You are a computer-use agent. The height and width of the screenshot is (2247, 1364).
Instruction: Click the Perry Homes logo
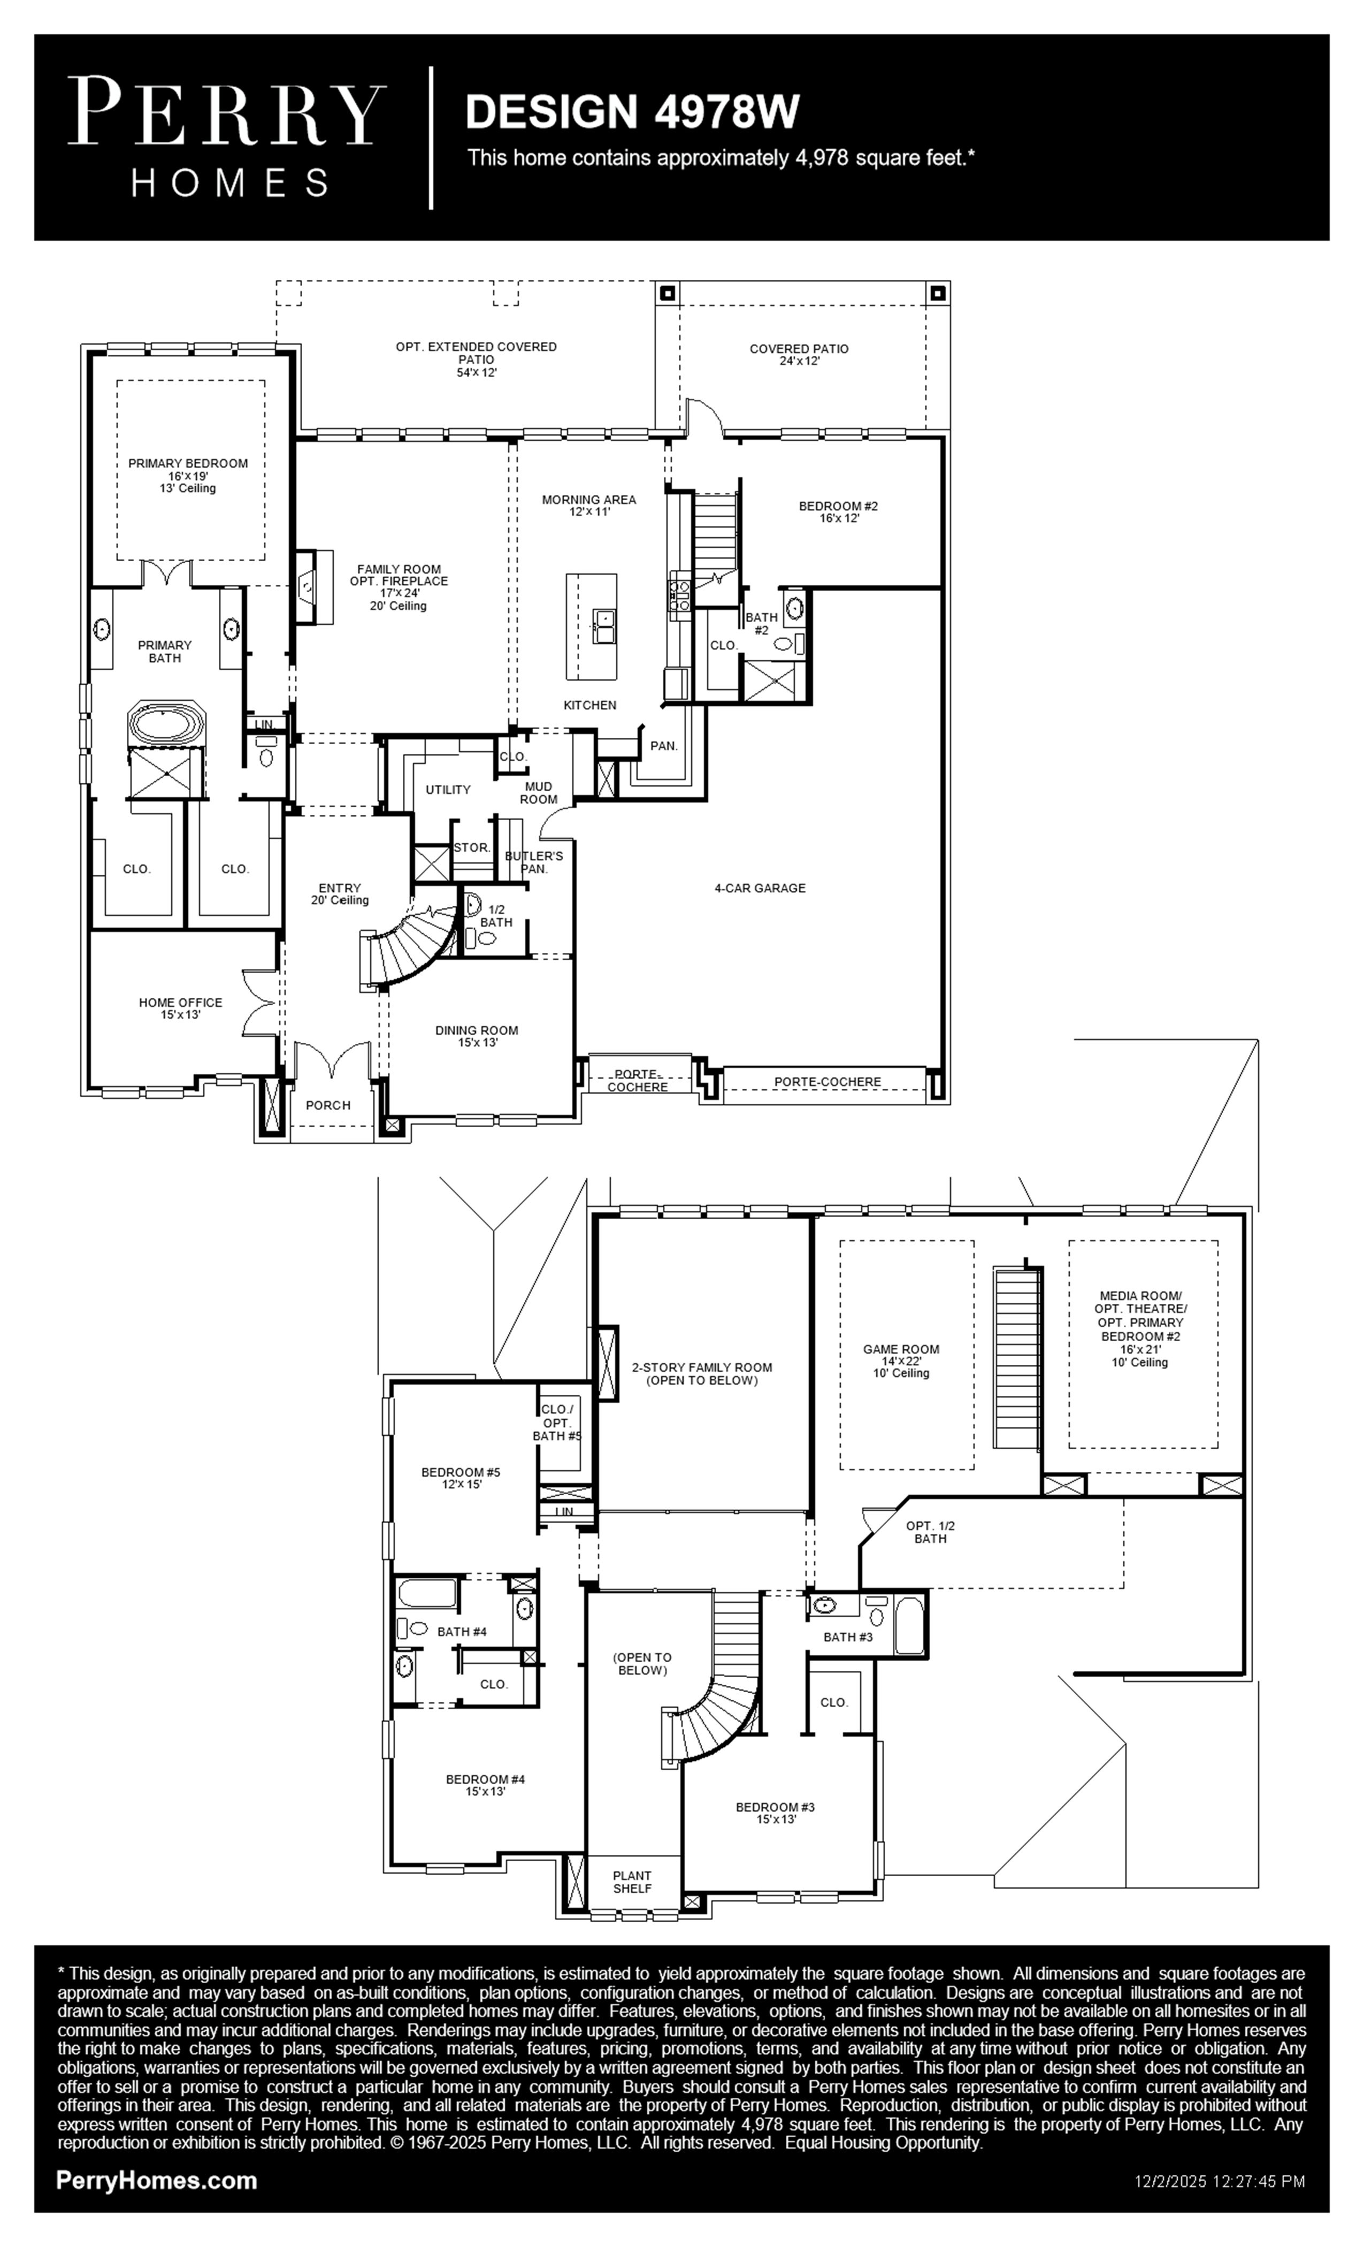tap(226, 137)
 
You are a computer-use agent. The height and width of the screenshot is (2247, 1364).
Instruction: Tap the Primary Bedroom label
tap(188, 475)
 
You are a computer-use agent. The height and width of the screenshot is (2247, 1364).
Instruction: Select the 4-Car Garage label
tap(760, 888)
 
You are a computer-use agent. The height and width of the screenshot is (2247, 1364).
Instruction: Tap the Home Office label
tap(181, 1008)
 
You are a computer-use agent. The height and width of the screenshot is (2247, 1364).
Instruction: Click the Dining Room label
tap(477, 1036)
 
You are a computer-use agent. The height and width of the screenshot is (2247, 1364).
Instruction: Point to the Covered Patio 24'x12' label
tap(799, 354)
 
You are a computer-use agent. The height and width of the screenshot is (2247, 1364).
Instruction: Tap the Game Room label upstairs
tap(901, 1361)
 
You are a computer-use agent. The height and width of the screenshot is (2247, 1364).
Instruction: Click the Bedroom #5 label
tap(461, 1477)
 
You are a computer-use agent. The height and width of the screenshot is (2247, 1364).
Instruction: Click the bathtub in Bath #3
tap(910, 1625)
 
